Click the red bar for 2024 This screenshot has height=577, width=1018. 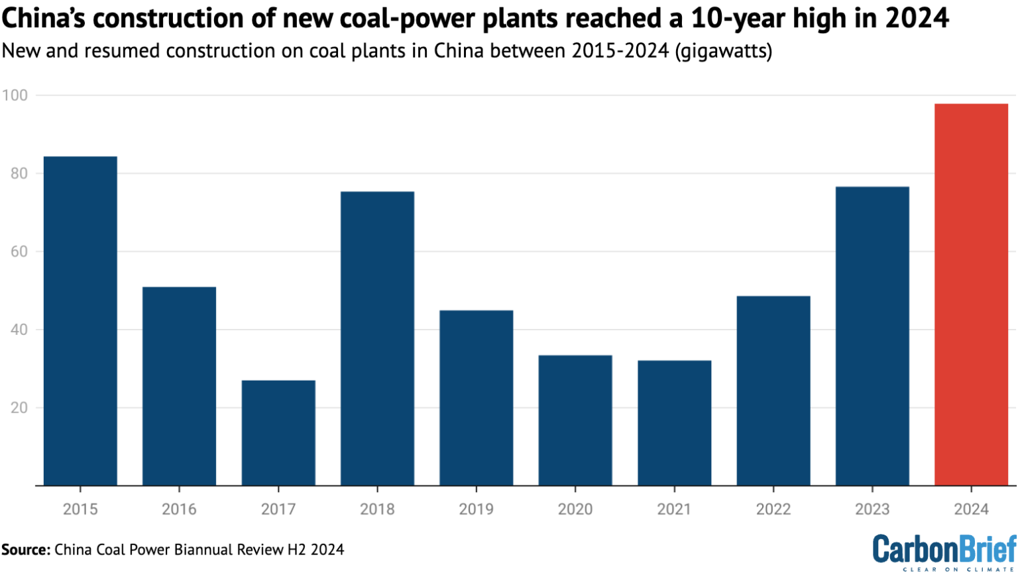(x=971, y=294)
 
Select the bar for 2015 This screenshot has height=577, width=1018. (x=80, y=321)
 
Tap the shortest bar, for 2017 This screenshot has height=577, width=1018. (x=278, y=432)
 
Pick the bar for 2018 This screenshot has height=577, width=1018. (x=377, y=338)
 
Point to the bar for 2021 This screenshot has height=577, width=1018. (x=674, y=422)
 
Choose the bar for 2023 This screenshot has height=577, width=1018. (x=872, y=336)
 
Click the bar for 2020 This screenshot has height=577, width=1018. (x=575, y=420)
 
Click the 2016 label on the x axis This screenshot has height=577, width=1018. (x=179, y=509)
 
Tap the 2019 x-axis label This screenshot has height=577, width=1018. (x=476, y=509)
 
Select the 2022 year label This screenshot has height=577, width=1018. (x=773, y=509)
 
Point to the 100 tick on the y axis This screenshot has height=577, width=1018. (x=15, y=96)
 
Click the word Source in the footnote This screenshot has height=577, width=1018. (x=25, y=550)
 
